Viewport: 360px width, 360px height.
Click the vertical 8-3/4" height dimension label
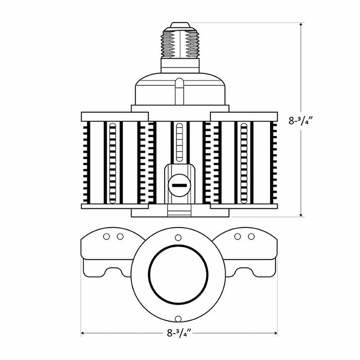pos(301,120)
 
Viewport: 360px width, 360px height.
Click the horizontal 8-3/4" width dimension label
pos(179,333)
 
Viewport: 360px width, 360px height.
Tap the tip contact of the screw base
pos(180,25)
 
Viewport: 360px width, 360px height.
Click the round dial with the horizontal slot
pos(179,185)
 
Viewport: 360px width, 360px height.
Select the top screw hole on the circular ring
pos(178,238)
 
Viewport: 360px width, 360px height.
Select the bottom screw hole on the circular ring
pos(178,319)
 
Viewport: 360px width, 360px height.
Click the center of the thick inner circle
pos(178,274)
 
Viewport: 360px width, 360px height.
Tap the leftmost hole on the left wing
pos(106,237)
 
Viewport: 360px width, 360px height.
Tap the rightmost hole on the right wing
pos(251,237)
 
